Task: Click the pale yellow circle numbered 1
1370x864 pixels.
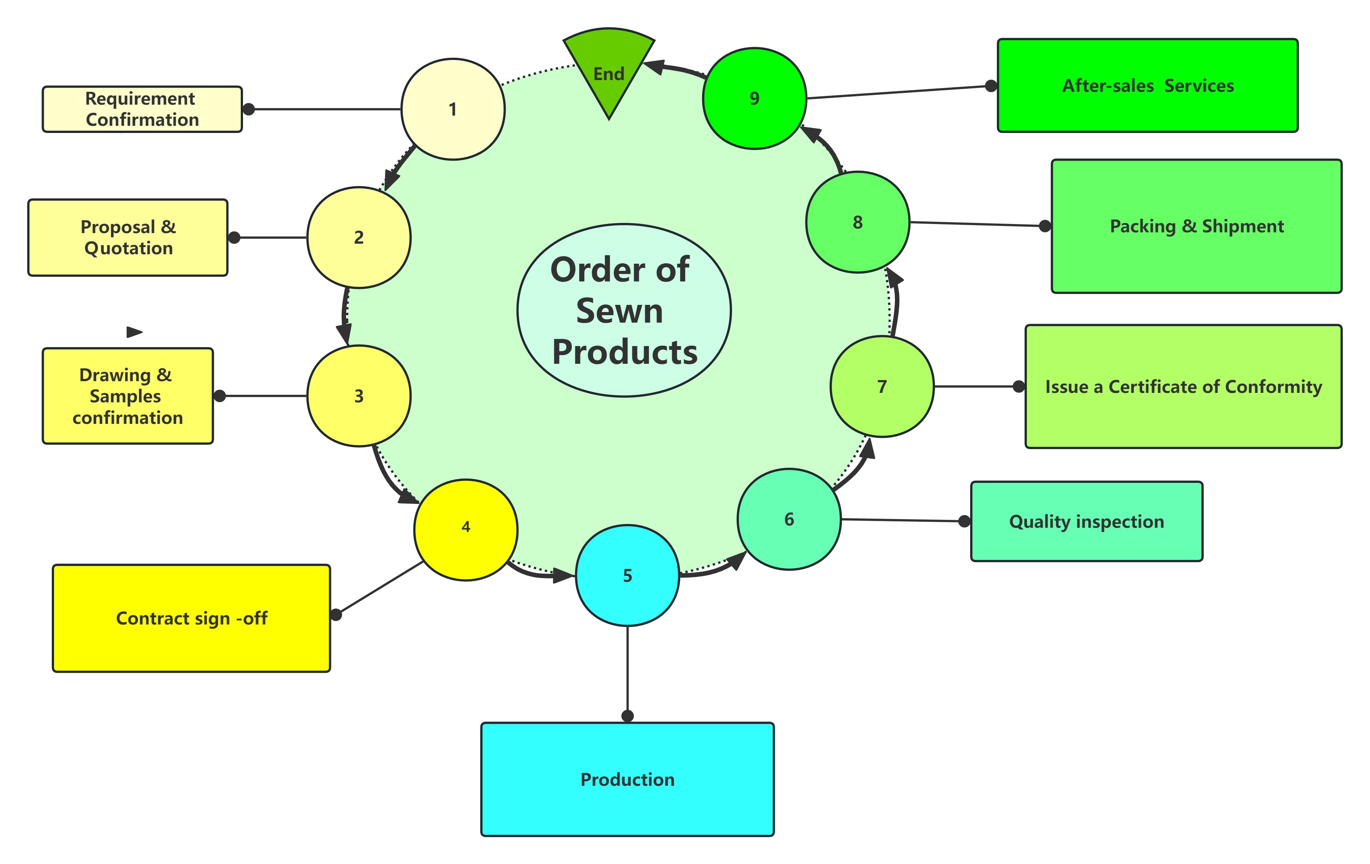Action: click(453, 109)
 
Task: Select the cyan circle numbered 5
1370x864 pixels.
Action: click(627, 576)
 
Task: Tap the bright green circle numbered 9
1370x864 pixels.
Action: click(754, 98)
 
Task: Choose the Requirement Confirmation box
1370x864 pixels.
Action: click(142, 109)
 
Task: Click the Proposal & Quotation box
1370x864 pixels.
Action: click(128, 238)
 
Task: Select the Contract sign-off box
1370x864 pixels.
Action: click(191, 618)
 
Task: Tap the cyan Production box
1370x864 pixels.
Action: click(627, 779)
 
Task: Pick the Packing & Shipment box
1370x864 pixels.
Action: click(1197, 226)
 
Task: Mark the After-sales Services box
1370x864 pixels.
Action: click(1147, 86)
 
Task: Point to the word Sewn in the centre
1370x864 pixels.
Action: click(619, 311)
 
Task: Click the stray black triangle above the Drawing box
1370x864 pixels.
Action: click(134, 332)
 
